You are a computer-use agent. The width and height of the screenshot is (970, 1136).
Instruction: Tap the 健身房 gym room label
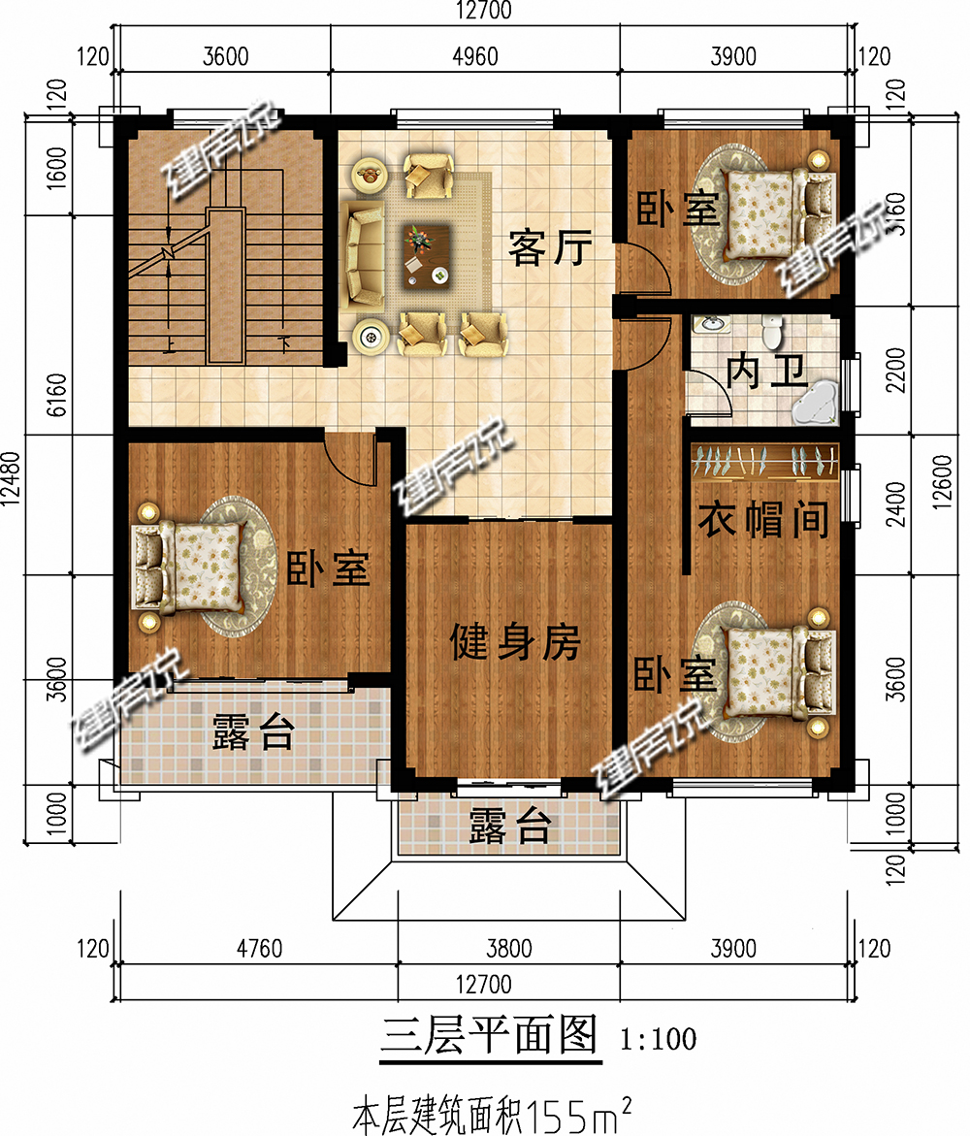(x=514, y=641)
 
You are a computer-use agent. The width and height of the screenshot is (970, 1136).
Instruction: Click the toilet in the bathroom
(x=773, y=333)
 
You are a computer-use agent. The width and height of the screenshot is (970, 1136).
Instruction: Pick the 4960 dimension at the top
(x=474, y=56)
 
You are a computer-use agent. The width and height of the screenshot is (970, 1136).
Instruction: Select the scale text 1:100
(x=657, y=1040)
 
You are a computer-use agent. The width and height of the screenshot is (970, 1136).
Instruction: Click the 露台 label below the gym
(x=510, y=828)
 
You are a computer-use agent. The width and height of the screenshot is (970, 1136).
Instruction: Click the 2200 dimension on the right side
(x=899, y=370)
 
